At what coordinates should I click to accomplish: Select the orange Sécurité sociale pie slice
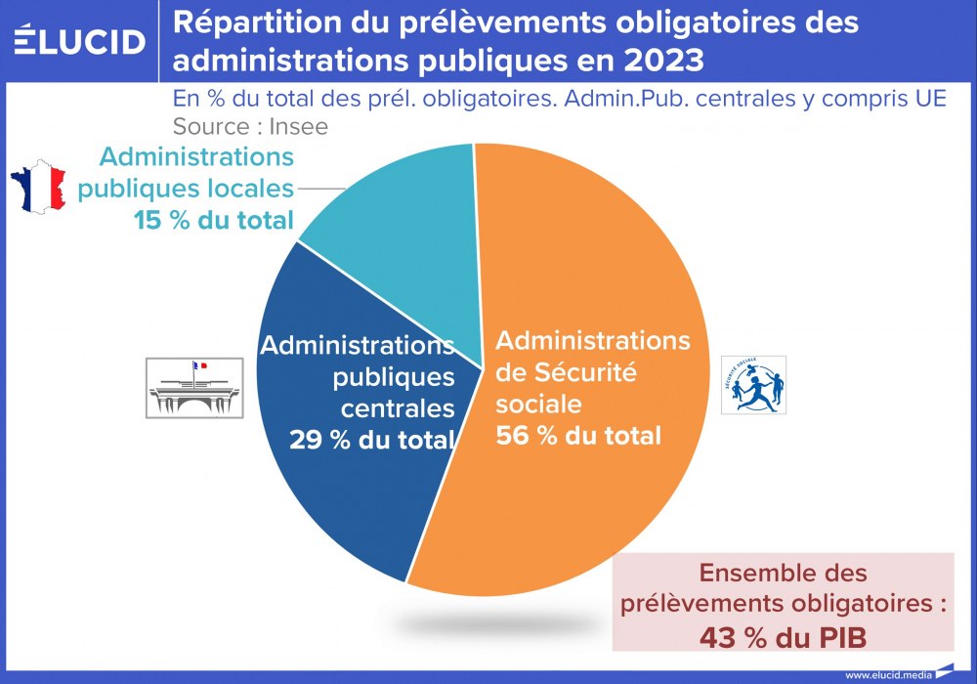click(x=596, y=489)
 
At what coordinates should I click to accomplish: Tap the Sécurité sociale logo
click(x=753, y=384)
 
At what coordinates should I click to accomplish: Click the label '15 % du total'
click(x=214, y=221)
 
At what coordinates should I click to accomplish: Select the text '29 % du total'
click(x=372, y=440)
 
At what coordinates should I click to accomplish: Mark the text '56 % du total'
click(x=578, y=435)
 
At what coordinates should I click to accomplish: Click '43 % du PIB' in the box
click(x=784, y=637)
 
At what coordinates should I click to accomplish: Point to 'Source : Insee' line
click(x=250, y=126)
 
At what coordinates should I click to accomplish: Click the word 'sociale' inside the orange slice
click(x=539, y=404)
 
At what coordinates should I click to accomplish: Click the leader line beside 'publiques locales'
click(x=320, y=187)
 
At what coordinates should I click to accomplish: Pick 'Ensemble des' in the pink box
click(x=784, y=573)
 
